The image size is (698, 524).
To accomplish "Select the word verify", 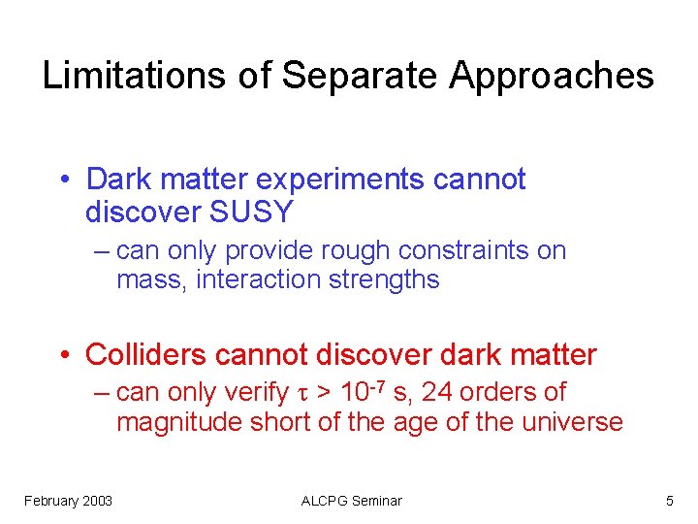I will [x=253, y=393].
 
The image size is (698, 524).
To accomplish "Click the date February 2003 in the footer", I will [x=68, y=501].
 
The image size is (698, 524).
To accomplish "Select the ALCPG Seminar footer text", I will [x=351, y=501].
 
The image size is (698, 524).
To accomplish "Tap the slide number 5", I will [x=669, y=501].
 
